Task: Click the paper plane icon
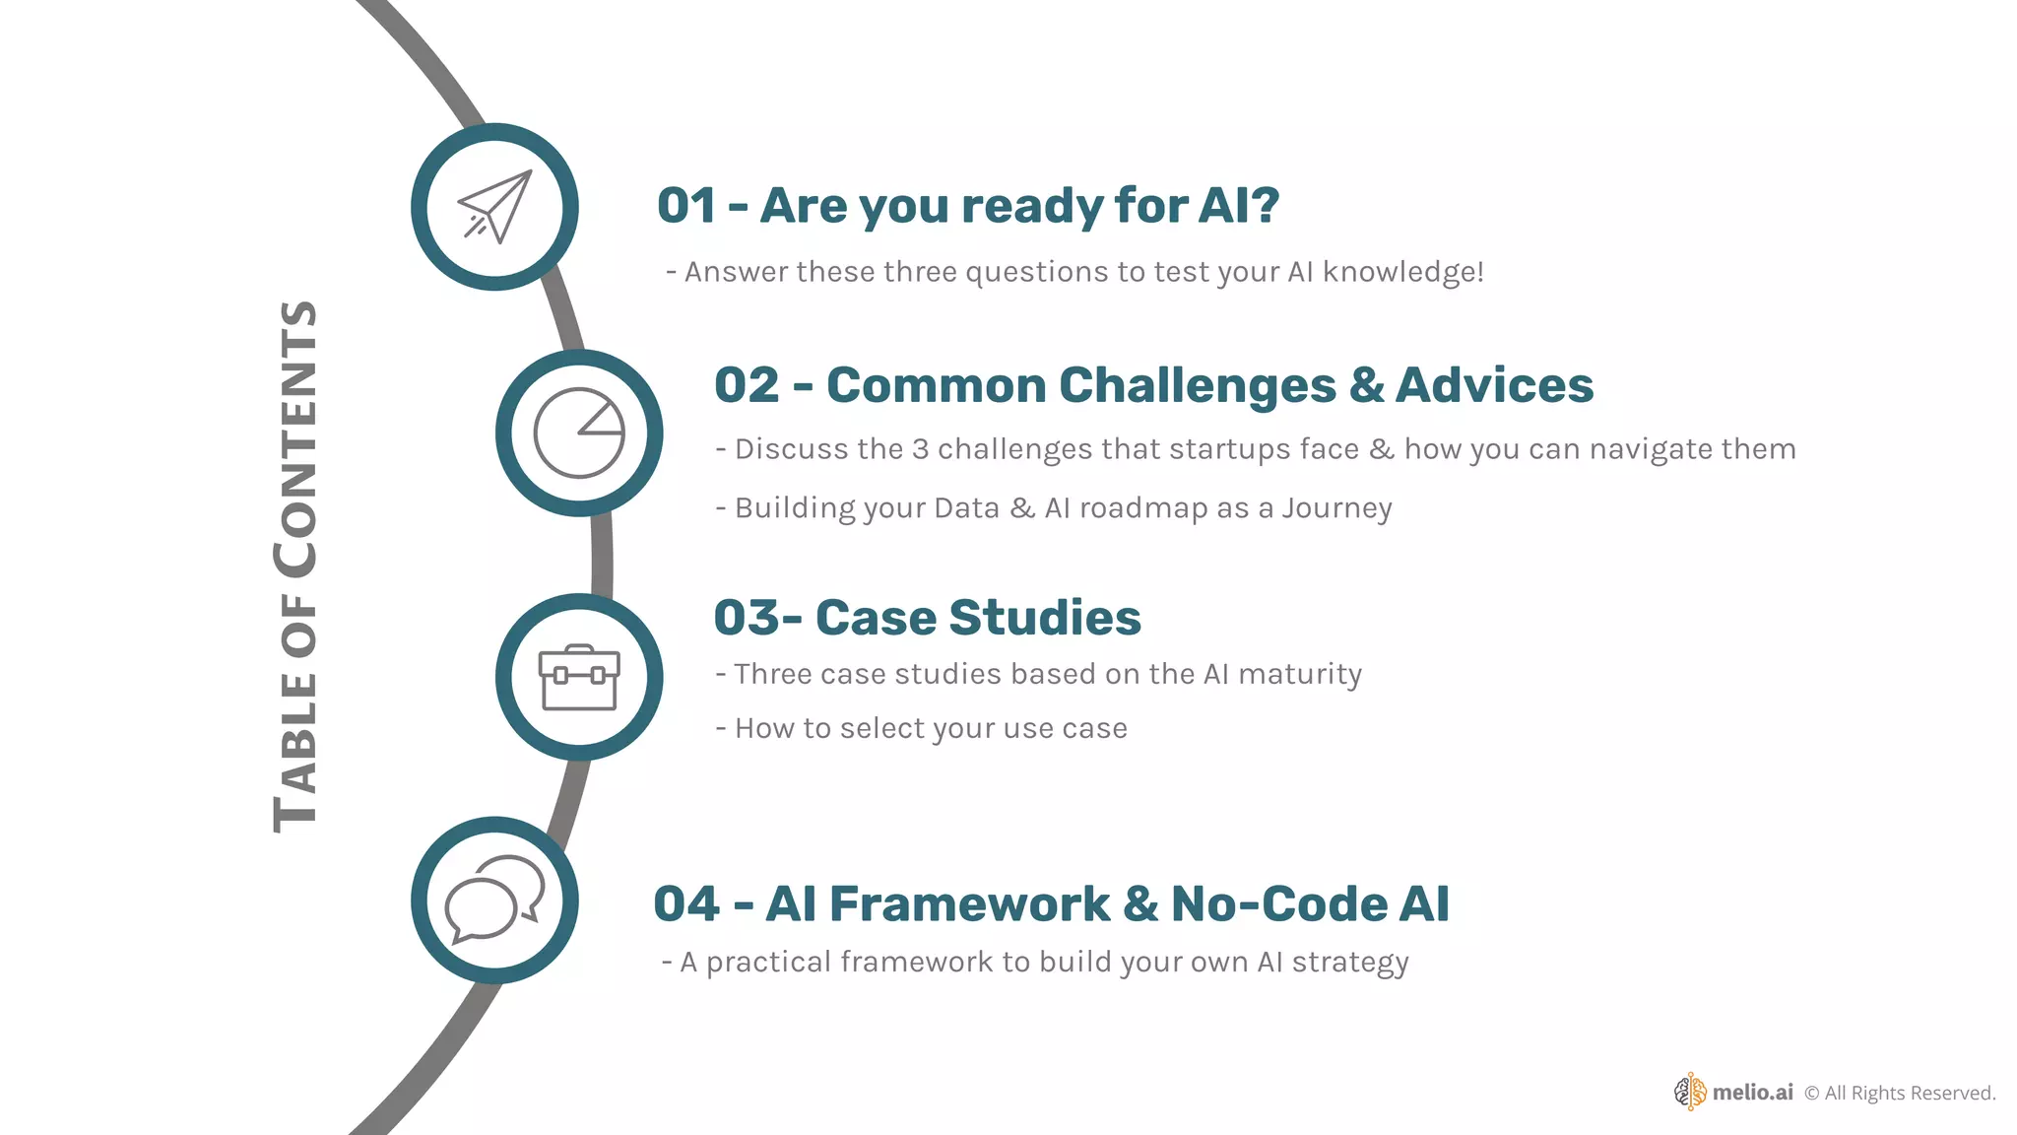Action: coord(494,207)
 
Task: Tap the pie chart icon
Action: coord(579,434)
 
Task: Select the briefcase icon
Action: coord(579,678)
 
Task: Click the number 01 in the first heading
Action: coord(686,206)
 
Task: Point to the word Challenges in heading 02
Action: coord(1197,385)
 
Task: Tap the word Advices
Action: coord(1494,385)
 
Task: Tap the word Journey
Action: coord(1336,508)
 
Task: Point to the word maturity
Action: coord(1300,674)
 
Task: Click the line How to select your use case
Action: coord(930,728)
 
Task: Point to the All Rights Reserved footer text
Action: coord(1909,1093)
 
